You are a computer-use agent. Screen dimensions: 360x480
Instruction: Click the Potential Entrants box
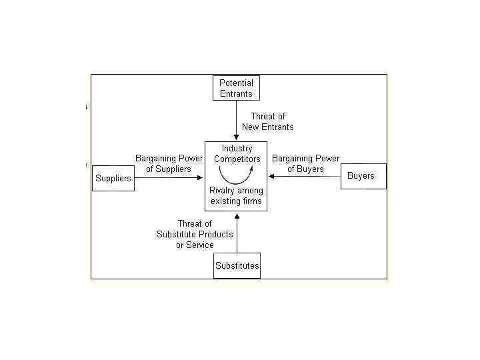click(x=236, y=88)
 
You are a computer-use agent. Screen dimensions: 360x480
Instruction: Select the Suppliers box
click(x=113, y=178)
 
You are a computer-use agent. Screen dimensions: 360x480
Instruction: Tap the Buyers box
click(x=363, y=176)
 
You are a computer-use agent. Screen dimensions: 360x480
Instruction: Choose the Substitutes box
click(x=237, y=265)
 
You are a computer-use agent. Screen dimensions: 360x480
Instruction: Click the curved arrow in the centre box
click(x=237, y=175)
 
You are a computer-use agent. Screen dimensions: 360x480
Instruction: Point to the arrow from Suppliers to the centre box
click(x=167, y=178)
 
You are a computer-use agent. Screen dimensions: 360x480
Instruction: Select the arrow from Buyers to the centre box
click(x=304, y=177)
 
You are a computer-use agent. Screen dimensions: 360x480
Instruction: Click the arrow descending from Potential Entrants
click(x=236, y=121)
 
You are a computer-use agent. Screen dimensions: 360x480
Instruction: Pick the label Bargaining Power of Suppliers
click(x=169, y=163)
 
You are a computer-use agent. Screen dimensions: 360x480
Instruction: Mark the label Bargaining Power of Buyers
click(x=305, y=163)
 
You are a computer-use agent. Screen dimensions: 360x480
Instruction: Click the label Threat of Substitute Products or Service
click(x=195, y=234)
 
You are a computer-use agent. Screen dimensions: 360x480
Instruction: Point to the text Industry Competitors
click(x=237, y=153)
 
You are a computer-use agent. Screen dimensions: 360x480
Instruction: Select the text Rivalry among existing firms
click(x=237, y=196)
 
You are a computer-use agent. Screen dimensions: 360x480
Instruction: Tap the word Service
click(x=201, y=245)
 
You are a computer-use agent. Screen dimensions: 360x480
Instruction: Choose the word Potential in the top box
click(x=236, y=83)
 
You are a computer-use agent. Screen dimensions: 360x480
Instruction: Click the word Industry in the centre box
click(x=237, y=148)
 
